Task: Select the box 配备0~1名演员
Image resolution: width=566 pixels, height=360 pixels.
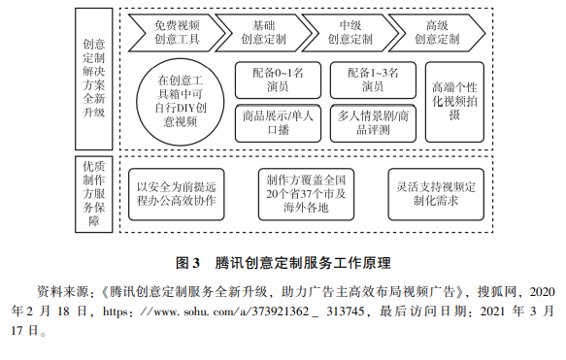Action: [x=277, y=80]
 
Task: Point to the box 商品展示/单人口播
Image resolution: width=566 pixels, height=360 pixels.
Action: [x=277, y=122]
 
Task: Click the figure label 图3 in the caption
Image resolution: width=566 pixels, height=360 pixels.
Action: [x=187, y=263]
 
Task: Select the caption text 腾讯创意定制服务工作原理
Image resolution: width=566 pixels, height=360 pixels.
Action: [x=301, y=263]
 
